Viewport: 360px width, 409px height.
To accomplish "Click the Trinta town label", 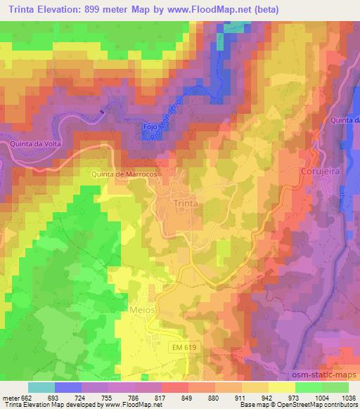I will point(186,203).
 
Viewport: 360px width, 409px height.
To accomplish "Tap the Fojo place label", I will point(150,126).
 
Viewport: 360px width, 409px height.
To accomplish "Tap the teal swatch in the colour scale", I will point(41,387).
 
